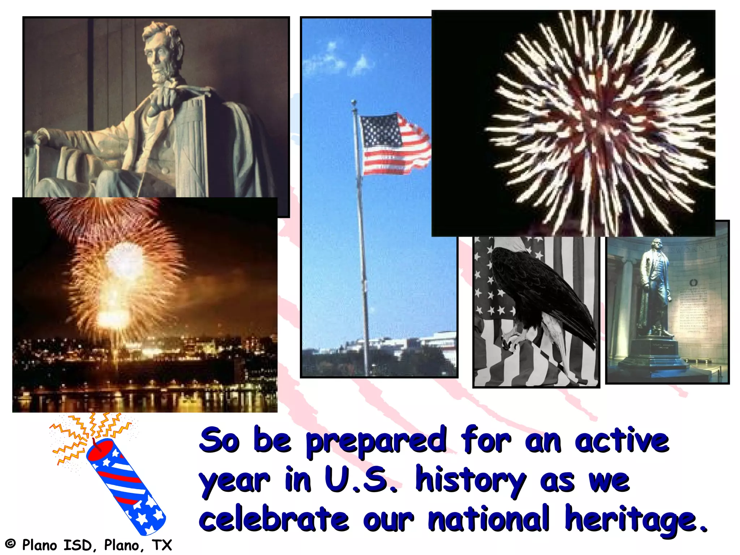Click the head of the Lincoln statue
[x=161, y=51]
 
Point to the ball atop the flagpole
[x=354, y=103]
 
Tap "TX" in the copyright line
[x=162, y=545]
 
